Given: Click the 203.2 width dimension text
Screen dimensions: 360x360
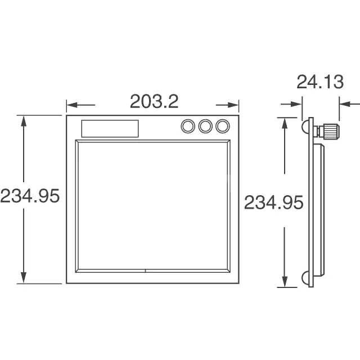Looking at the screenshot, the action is pos(154,101).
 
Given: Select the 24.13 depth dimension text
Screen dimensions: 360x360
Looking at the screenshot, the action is pos(320,82).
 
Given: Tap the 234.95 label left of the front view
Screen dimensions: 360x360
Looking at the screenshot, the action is pos(30,196).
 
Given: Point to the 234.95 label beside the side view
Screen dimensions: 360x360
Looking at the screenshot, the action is pos(274,202).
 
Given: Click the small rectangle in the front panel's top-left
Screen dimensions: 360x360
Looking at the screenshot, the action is pos(110,129).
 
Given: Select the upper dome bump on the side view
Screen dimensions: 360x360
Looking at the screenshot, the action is pos(305,127).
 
